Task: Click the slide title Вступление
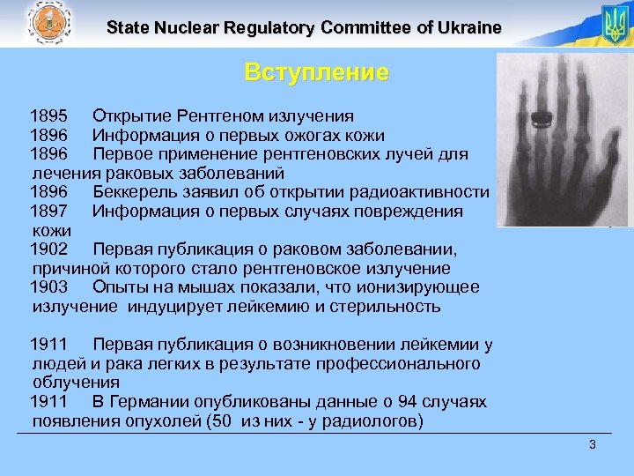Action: pyautogui.click(x=316, y=72)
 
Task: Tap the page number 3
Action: pyautogui.click(x=593, y=444)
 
